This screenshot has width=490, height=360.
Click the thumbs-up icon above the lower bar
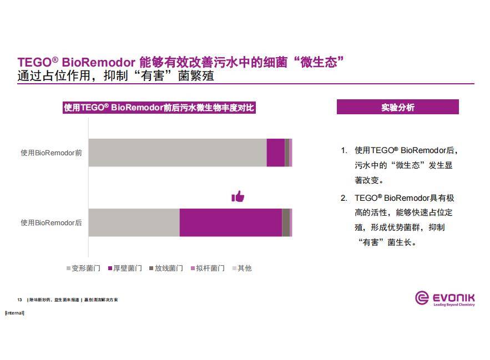(238, 196)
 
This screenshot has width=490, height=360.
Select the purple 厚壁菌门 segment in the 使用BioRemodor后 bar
(231, 222)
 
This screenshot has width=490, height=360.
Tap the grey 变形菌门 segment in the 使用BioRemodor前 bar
(178, 153)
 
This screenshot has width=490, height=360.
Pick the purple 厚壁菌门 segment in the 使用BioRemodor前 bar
(275, 153)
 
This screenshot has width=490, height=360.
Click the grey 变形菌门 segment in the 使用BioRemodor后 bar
(134, 222)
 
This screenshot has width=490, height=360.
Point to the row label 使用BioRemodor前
(51, 153)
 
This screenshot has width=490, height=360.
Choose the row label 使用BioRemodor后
(51, 222)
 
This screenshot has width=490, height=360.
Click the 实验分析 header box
(397, 107)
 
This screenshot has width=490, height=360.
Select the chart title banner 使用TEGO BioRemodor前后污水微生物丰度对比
(159, 108)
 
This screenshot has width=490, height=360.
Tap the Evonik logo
(445, 298)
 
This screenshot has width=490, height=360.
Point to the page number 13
(19, 300)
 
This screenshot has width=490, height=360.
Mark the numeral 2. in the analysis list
(343, 198)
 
